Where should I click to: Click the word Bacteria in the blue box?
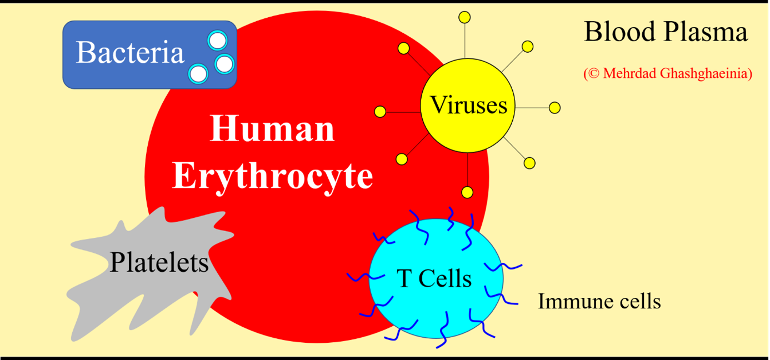tap(129, 53)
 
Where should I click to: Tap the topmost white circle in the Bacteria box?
tap(217, 41)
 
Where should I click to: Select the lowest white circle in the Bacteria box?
tap(198, 73)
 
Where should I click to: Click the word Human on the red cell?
tap(272, 129)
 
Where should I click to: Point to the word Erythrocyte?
tap(272, 176)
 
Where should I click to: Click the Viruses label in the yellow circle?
tap(468, 106)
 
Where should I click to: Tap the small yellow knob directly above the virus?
tap(465, 18)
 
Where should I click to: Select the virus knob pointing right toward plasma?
tap(554, 108)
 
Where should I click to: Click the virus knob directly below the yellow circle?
tap(467, 193)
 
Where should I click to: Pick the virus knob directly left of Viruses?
tap(380, 112)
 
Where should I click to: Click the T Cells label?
tap(434, 278)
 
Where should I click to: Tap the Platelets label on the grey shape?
tap(159, 262)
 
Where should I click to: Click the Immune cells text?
tap(599, 302)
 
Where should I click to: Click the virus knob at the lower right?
tap(529, 163)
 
